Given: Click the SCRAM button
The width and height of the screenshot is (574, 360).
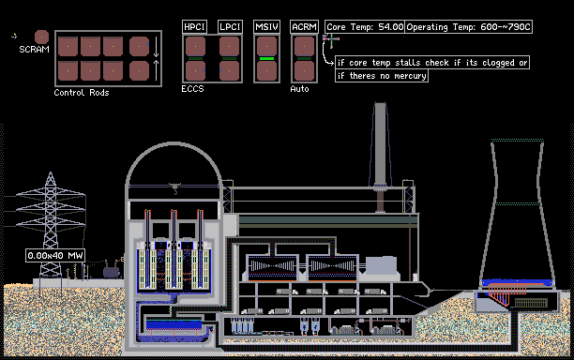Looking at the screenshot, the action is click(x=41, y=37).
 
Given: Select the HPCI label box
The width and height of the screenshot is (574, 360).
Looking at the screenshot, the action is click(x=194, y=26).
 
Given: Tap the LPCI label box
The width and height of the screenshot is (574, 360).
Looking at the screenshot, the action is click(x=230, y=26).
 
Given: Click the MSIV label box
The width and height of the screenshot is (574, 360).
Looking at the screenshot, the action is click(x=267, y=26).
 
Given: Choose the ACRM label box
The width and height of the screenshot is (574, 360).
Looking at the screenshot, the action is click(x=304, y=26).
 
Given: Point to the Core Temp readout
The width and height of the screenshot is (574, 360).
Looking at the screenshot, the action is click(x=365, y=26).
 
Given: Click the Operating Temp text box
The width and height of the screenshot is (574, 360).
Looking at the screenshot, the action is click(x=469, y=26).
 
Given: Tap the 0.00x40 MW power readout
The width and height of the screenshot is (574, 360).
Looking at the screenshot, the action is click(x=55, y=255).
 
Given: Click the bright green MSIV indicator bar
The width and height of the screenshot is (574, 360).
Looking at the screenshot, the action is click(x=267, y=58).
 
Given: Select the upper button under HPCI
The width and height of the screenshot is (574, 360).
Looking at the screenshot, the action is click(x=195, y=47).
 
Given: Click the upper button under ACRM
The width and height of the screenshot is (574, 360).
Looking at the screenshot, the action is click(x=304, y=47).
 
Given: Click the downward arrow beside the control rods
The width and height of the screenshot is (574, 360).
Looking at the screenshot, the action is click(x=156, y=47).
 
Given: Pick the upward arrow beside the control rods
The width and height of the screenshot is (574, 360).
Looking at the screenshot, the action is click(x=156, y=70).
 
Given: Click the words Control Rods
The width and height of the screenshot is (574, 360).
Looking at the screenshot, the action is click(x=82, y=93).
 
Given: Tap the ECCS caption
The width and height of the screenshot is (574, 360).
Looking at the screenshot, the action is click(x=192, y=89).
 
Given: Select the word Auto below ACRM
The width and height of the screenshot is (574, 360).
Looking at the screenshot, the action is click(x=299, y=89).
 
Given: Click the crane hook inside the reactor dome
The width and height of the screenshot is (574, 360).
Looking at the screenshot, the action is click(x=174, y=188).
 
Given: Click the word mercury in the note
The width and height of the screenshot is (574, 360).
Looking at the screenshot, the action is click(x=410, y=76).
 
